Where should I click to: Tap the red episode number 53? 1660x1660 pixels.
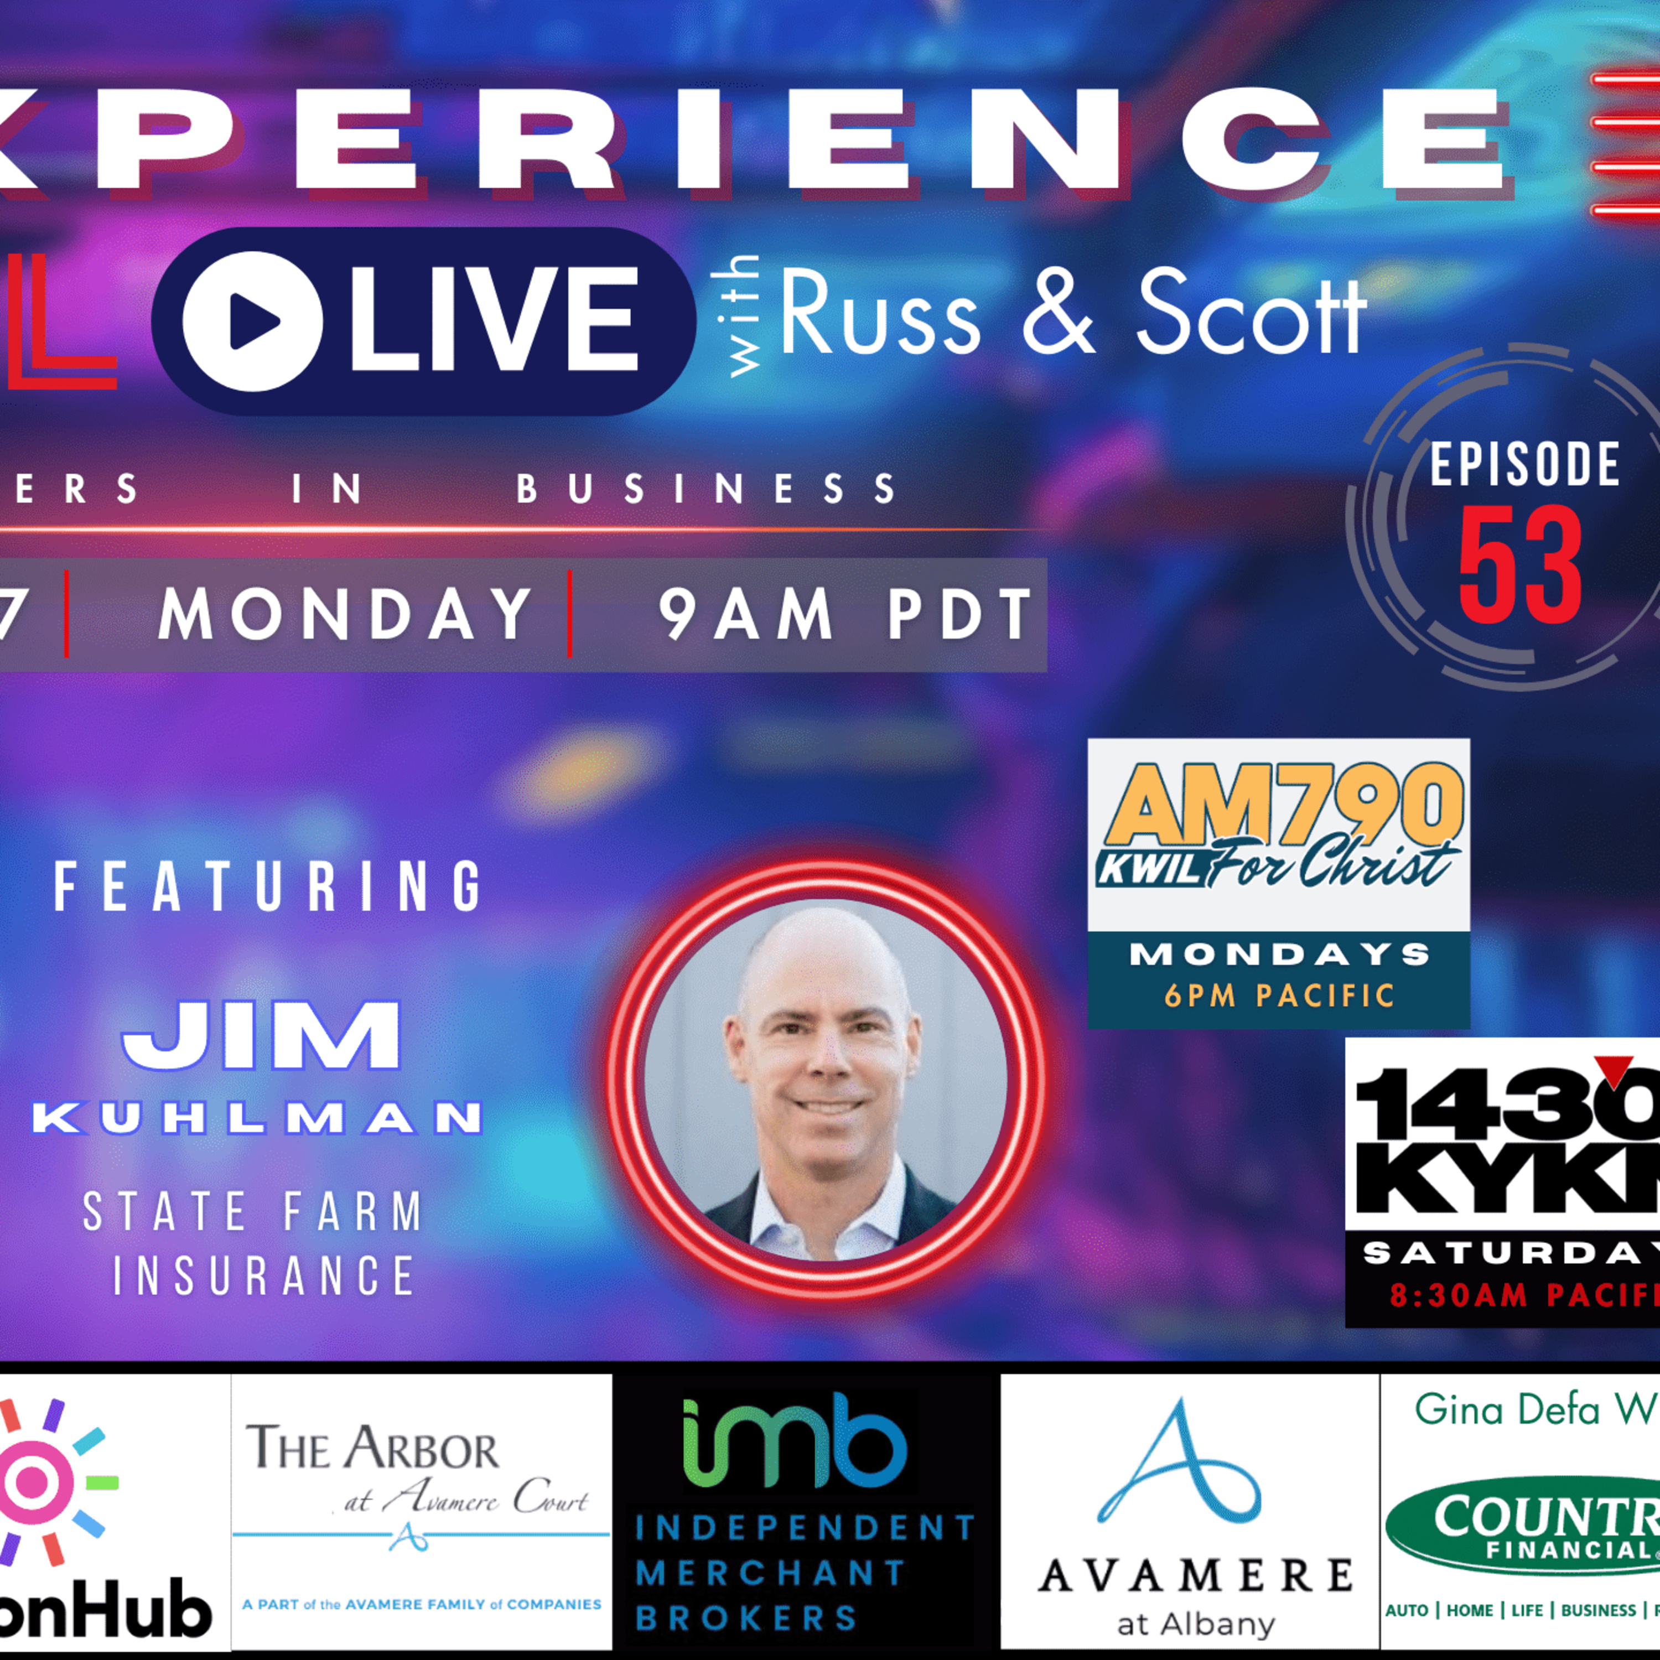click(x=1520, y=566)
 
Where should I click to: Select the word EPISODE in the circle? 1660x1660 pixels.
click(x=1524, y=465)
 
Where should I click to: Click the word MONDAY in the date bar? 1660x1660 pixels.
click(x=345, y=614)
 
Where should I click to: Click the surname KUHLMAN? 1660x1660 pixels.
click(x=258, y=1119)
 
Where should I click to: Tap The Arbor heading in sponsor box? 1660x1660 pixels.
click(x=372, y=1448)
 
